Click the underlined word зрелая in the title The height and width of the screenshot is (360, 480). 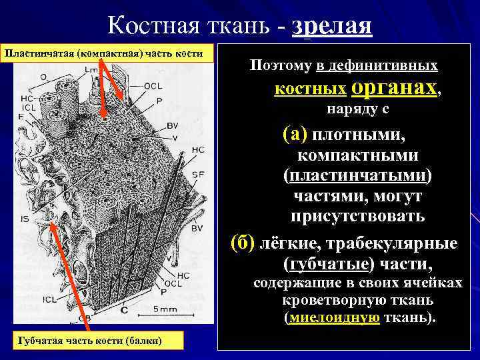tap(331, 26)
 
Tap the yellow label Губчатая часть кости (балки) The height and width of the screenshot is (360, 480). tap(84, 341)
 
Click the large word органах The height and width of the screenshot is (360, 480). tap(394, 87)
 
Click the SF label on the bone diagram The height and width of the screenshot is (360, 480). tap(197, 173)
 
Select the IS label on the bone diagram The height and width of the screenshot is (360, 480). tap(25, 217)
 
